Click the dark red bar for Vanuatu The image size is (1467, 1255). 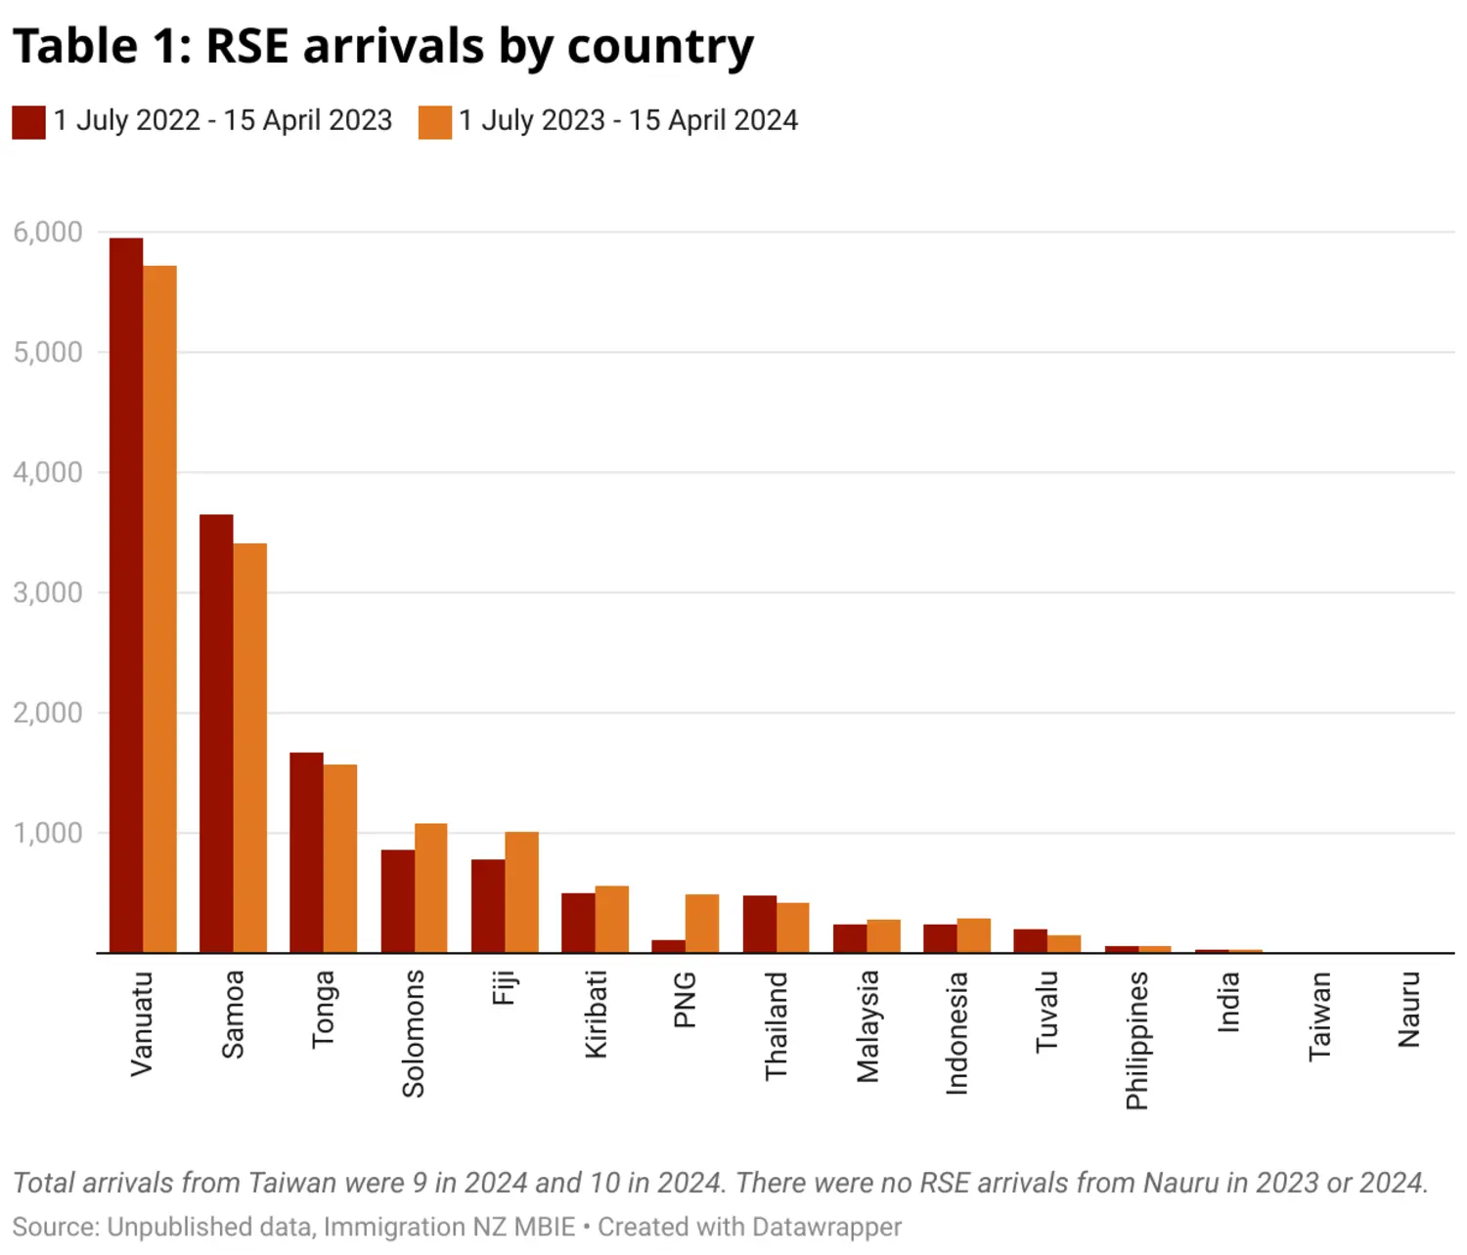pyautogui.click(x=126, y=595)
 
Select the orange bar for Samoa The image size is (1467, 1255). pyautogui.click(x=250, y=748)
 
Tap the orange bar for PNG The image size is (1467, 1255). pyautogui.click(x=702, y=923)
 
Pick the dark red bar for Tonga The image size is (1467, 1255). pyautogui.click(x=306, y=852)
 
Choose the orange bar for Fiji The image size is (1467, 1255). pyautogui.click(x=521, y=891)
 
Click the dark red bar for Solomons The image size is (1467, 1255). pyautogui.click(x=397, y=901)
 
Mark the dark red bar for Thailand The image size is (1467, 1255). pyautogui.click(x=759, y=924)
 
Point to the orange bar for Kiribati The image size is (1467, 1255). pyautogui.click(x=612, y=919)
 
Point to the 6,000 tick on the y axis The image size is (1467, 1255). pyautogui.click(x=48, y=233)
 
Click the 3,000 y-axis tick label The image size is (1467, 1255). pyautogui.click(x=48, y=592)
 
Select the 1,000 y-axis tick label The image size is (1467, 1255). pyautogui.click(x=48, y=833)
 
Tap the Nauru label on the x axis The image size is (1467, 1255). pyautogui.click(x=1409, y=1009)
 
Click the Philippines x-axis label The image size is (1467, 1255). pyautogui.click(x=1136, y=1040)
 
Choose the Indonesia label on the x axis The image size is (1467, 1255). pyautogui.click(x=956, y=1032)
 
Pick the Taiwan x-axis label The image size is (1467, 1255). pyautogui.click(x=1319, y=1016)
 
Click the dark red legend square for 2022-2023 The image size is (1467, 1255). pyautogui.click(x=28, y=122)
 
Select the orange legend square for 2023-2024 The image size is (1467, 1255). pyautogui.click(x=434, y=122)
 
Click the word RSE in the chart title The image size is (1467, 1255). pyautogui.click(x=248, y=46)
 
